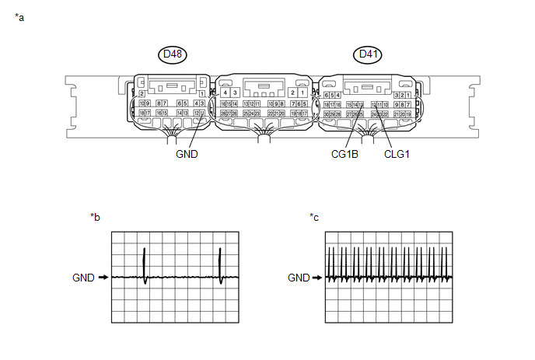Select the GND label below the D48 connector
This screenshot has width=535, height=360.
pos(188,154)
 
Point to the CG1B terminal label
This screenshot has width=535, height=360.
pos(344,154)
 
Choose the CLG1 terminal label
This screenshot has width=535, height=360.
pos(397,154)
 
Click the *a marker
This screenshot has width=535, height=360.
pos(19,17)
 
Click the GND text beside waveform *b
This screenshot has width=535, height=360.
pos(83,276)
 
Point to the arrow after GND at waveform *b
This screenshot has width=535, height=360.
pos(103,276)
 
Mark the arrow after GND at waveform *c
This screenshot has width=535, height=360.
pos(318,276)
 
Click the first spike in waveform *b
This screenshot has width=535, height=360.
pos(145,264)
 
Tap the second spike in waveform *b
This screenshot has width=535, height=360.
pos(221,264)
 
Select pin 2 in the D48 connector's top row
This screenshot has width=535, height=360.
pos(142,93)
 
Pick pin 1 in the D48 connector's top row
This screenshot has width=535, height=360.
pos(202,93)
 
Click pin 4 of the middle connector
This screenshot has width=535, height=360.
pos(225,93)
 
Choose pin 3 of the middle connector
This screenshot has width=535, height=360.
pos(234,93)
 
